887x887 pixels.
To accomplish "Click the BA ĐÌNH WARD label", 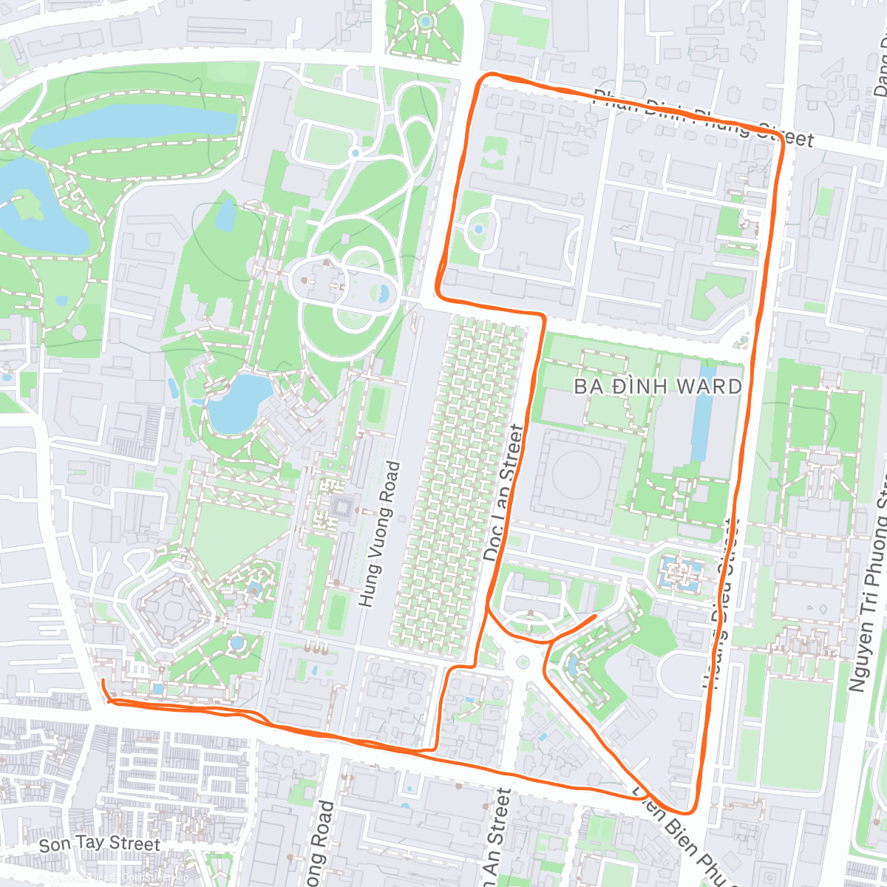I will [x=657, y=387].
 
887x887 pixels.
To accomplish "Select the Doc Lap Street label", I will [x=503, y=493].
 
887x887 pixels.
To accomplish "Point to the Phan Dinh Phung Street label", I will [x=703, y=118].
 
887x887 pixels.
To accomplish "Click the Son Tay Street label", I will [x=99, y=844].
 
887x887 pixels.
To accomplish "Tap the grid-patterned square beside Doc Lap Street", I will [x=458, y=484].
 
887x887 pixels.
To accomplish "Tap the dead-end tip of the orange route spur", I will [x=596, y=615].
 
